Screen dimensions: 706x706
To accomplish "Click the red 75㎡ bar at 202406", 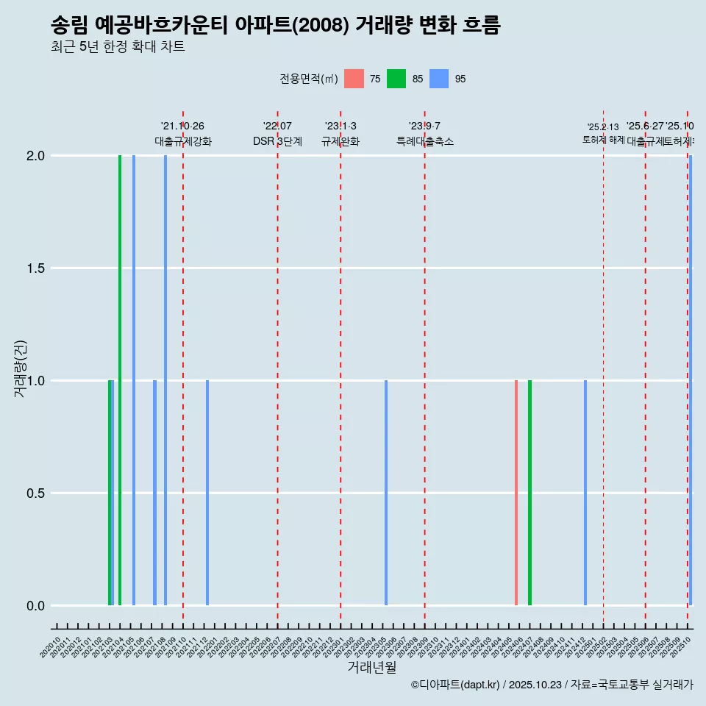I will pyautogui.click(x=516, y=493).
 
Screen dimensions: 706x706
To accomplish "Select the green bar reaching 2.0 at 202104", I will pyautogui.click(x=120, y=380).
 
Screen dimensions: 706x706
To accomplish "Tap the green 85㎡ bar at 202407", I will pyautogui.click(x=529, y=493).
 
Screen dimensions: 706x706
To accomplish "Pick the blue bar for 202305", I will pyautogui.click(x=386, y=493).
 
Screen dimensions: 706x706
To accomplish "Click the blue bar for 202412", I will pyautogui.click(x=585, y=493).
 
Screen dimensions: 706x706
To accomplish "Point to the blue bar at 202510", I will pyautogui.click(x=691, y=380).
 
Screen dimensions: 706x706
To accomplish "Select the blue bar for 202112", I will pyautogui.click(x=207, y=493).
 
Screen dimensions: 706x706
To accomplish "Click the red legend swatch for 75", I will pyautogui.click(x=354, y=79).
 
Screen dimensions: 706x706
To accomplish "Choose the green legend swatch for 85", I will pyautogui.click(x=396, y=79).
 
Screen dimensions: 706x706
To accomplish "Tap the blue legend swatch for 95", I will pyautogui.click(x=439, y=79).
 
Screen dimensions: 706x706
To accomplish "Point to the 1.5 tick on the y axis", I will pyautogui.click(x=35, y=268).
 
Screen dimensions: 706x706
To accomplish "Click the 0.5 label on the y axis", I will pyautogui.click(x=35, y=493).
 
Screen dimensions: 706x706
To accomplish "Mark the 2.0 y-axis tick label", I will pyautogui.click(x=35, y=156).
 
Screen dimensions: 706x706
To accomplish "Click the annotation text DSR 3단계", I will pyautogui.click(x=277, y=142).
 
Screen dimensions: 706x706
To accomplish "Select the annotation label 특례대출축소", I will pyautogui.click(x=425, y=142).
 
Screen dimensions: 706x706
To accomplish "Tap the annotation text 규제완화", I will pyautogui.click(x=340, y=142).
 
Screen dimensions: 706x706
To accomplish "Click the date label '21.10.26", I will pyautogui.click(x=182, y=126).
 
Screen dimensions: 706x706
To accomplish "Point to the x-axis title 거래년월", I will pyautogui.click(x=371, y=668).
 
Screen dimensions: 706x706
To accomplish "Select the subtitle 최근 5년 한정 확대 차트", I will pyautogui.click(x=118, y=47).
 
